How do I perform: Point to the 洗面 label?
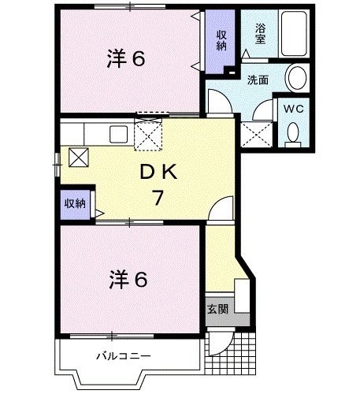(257, 79)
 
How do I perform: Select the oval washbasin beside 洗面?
(296, 77)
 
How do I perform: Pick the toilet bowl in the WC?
(294, 135)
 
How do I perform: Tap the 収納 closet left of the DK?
(75, 204)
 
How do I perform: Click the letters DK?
(158, 173)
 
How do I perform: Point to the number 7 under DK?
(158, 198)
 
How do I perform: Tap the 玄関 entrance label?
(218, 309)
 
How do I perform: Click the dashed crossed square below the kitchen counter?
(147, 136)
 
